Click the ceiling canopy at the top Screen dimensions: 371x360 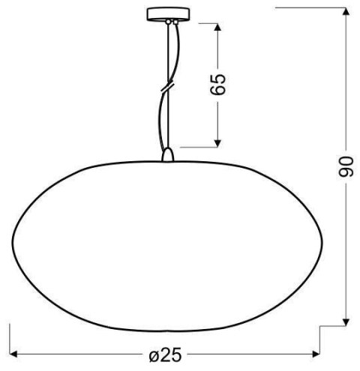172,14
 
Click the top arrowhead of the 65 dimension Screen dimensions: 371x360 218,28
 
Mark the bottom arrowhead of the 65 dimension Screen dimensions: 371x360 218,142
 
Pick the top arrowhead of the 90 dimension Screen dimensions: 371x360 346,11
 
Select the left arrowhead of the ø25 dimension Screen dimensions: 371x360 13,354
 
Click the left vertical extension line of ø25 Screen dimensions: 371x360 8,341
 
